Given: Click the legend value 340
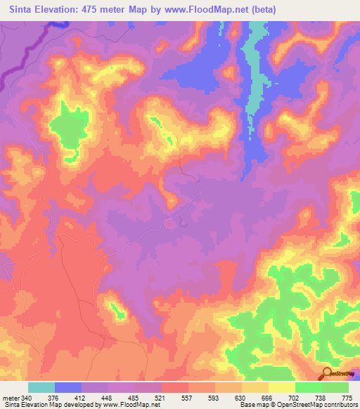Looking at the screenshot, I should coord(27,398).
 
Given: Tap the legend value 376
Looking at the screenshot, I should coord(54,398).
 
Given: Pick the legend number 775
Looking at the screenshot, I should coord(347,398).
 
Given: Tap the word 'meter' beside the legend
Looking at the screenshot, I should coord(11,398).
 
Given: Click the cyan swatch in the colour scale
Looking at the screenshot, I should coord(41,387).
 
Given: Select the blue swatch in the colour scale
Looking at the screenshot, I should coord(68,387).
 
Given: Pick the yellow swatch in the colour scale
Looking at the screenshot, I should coord(281,387).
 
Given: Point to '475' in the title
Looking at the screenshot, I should coord(94,10).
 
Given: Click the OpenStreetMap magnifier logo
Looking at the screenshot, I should coord(326,373).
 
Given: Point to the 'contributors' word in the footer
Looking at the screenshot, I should coord(340,405).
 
